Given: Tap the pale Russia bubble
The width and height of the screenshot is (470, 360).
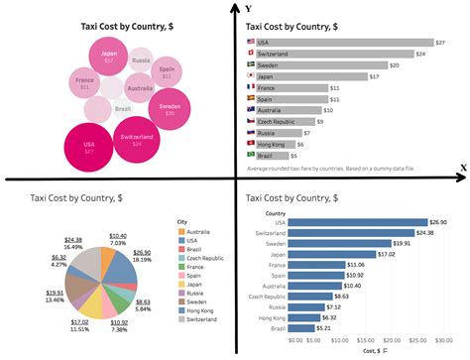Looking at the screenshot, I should (142, 61).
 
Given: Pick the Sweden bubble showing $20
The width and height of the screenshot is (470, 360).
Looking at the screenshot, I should (170, 108).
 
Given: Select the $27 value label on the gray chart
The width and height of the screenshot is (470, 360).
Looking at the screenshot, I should (438, 42).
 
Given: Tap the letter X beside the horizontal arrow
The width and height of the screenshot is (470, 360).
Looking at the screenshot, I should (462, 168).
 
